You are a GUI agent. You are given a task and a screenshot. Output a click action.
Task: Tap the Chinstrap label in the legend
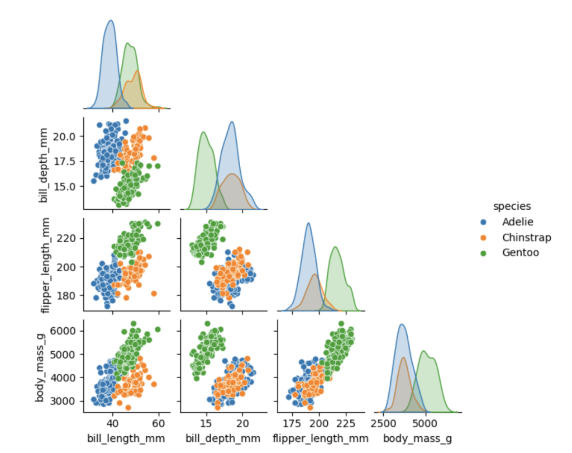pos(526,238)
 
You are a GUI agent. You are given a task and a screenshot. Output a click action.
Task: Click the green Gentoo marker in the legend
pos(483,253)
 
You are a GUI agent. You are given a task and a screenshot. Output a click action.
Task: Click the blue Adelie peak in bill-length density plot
pos(111,21)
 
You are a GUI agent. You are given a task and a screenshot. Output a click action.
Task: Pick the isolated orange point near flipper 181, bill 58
pos(154,294)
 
